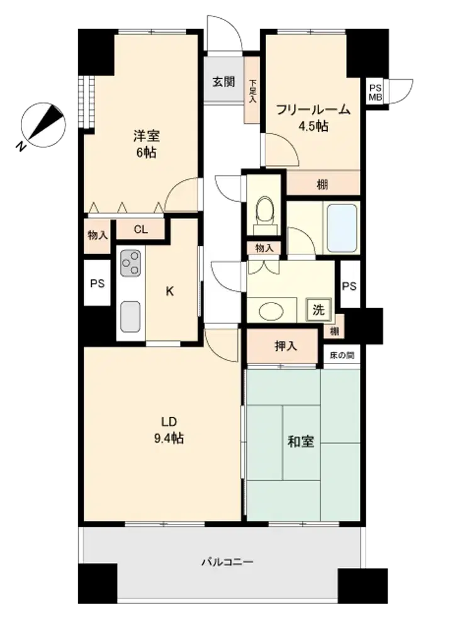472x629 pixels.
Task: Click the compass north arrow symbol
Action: point(43,125)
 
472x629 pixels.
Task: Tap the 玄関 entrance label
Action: point(223,82)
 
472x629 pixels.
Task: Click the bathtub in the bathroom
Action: point(342,228)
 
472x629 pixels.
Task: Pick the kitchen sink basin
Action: point(131,316)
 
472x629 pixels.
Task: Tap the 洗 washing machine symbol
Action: point(318,309)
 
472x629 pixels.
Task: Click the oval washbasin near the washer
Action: point(271,311)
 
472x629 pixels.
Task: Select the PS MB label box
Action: point(375,92)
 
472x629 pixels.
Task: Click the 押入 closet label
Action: point(286,345)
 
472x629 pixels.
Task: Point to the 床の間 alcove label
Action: point(342,355)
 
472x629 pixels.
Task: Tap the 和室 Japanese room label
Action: point(301,442)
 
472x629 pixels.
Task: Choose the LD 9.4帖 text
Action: point(169,430)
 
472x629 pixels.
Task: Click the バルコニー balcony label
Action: point(227,562)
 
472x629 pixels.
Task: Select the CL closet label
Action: point(140,230)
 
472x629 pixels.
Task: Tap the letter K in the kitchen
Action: point(170,292)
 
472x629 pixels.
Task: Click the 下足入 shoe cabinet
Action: point(252,90)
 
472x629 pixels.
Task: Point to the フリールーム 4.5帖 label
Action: point(313,118)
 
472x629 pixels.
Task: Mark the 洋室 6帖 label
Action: point(147,144)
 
